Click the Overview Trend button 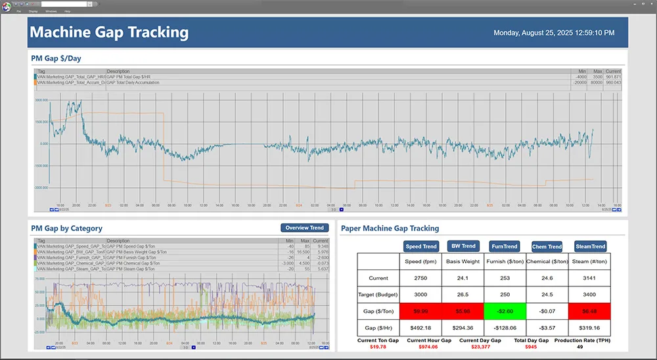pos(304,228)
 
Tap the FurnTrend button pos(505,246)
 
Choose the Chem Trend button pos(547,246)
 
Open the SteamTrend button pos(589,246)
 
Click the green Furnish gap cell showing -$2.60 pos(505,311)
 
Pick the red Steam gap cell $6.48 pos(589,311)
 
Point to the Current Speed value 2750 pos(421,278)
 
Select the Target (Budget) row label pos(379,294)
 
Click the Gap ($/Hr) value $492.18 pos(421,326)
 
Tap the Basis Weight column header pos(463,261)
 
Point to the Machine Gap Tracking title pos(109,32)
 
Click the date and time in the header pos(554,33)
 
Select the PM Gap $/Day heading pos(56,58)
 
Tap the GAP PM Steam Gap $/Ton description pos(131,269)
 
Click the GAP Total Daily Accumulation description pos(139,82)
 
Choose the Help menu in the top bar pos(67,11)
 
